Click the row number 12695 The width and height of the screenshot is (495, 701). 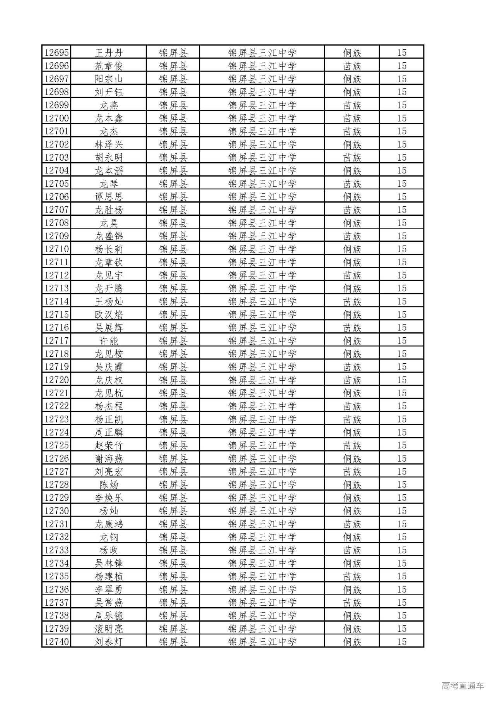[x=56, y=53]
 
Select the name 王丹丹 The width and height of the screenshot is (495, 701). [x=109, y=53]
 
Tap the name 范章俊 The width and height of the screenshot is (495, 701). [x=109, y=66]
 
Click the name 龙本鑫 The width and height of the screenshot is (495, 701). [x=109, y=118]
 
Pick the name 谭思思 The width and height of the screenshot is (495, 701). [x=109, y=197]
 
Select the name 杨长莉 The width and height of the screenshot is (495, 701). [x=109, y=249]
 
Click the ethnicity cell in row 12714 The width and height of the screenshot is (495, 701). [x=352, y=301]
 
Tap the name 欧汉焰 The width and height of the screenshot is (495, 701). [x=109, y=314]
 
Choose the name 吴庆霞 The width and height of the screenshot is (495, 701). [x=109, y=367]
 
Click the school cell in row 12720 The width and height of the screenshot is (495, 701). [x=262, y=380]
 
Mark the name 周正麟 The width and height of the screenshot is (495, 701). [x=109, y=432]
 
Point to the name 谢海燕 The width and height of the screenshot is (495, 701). [x=109, y=459]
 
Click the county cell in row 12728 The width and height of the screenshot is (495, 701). [x=173, y=485]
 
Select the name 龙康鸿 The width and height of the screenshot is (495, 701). [x=109, y=524]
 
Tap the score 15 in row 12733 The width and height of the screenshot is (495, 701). [x=402, y=550]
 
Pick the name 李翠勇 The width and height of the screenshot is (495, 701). [x=109, y=589]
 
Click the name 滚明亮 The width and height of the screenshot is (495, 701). [x=109, y=629]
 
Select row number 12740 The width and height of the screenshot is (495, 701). [x=56, y=642]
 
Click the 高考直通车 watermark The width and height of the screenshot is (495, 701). [x=463, y=686]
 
